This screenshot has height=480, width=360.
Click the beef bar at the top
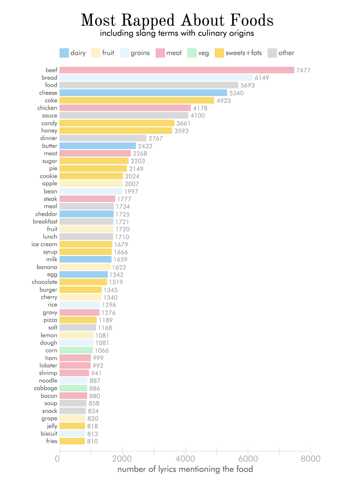pyautogui.click(x=177, y=70)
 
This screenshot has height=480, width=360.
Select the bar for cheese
pyautogui.click(x=143, y=93)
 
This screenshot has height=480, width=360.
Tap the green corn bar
pyautogui.click(x=76, y=350)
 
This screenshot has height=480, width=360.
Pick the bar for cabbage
pyautogui.click(x=73, y=388)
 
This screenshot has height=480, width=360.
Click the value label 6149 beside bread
pyautogui.click(x=262, y=78)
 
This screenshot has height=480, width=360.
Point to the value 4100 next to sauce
pyautogui.click(x=197, y=116)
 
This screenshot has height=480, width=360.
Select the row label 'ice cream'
pyautogui.click(x=44, y=244)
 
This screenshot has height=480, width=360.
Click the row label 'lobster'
pyautogui.click(x=48, y=365)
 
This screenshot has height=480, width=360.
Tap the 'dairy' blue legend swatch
pyautogui.click(x=64, y=53)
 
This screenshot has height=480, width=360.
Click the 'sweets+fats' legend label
pyautogui.click(x=243, y=53)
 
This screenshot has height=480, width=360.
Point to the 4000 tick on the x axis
pyautogui.click(x=185, y=458)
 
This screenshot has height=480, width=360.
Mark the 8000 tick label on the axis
pyautogui.click(x=311, y=458)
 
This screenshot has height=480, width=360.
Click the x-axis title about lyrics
pyautogui.click(x=185, y=469)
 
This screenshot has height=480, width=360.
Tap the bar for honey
pyautogui.click(x=116, y=131)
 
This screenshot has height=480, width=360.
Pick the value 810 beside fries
pyautogui.click(x=93, y=441)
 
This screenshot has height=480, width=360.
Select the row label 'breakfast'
pyautogui.click(x=45, y=222)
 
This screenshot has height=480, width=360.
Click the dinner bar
pyautogui.click(x=103, y=138)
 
